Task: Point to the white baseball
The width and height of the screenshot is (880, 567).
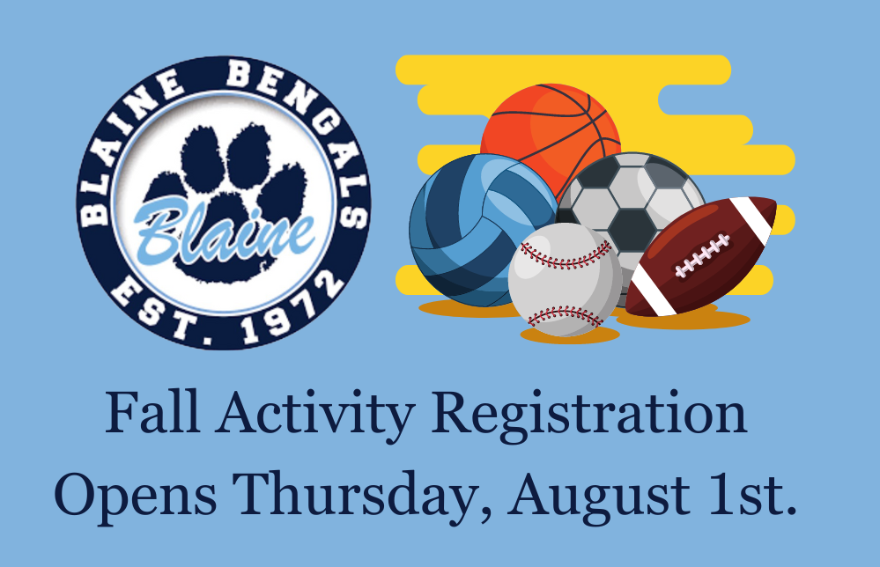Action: [566, 280]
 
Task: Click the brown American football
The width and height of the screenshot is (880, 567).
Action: [701, 255]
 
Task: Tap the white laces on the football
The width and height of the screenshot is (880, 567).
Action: [702, 255]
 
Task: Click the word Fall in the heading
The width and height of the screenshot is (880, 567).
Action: [152, 412]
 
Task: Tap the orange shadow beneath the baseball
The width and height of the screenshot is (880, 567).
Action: [570, 335]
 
